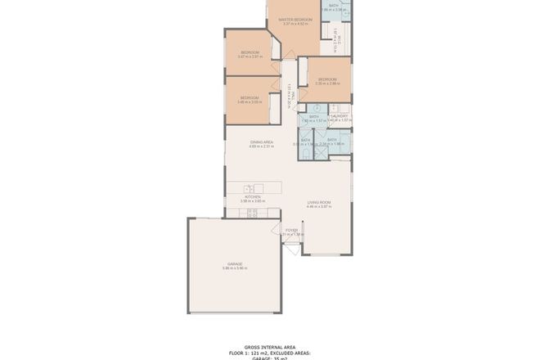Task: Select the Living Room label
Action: click(318, 201)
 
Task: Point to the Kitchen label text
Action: click(251, 196)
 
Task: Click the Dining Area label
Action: click(262, 142)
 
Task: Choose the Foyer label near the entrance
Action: click(291, 230)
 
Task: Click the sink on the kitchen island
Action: click(248, 188)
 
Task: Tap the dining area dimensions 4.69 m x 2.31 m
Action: click(262, 147)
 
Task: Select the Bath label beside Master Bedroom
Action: click(334, 6)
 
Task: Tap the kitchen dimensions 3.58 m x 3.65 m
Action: click(251, 201)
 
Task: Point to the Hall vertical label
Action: click(290, 97)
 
